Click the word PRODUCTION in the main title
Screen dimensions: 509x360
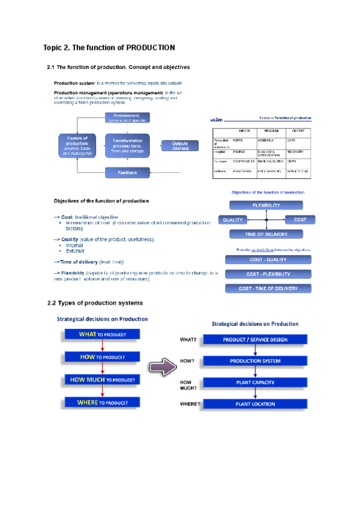point(150,47)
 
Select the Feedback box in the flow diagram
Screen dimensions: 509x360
point(127,172)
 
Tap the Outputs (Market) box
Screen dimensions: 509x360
point(180,146)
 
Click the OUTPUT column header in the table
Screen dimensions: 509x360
point(298,130)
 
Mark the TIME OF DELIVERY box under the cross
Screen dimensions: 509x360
point(267,234)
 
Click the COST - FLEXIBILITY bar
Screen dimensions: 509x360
point(268,274)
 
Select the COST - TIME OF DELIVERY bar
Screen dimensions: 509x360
point(268,288)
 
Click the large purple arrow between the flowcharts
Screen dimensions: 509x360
point(162,367)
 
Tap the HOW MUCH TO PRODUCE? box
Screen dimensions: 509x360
point(103,380)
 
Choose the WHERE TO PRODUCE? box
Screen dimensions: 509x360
point(103,402)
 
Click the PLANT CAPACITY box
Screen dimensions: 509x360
point(255,382)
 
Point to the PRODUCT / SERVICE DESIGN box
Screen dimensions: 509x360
point(255,340)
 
